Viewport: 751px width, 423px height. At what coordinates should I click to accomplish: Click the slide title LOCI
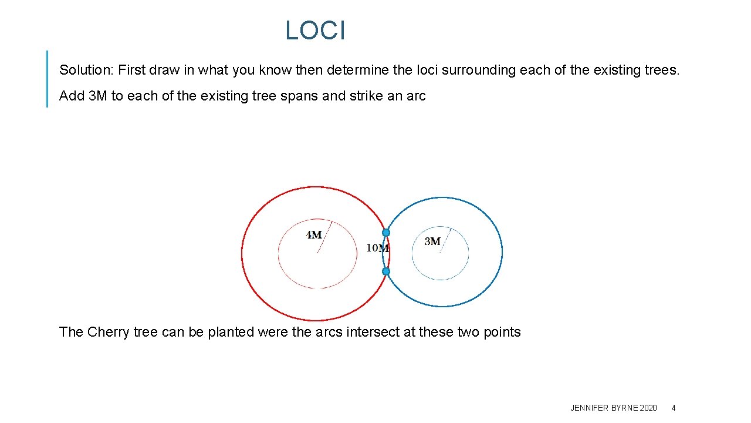click(315, 31)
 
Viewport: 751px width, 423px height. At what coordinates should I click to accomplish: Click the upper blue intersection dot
click(386, 233)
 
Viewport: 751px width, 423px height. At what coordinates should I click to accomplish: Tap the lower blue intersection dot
click(386, 271)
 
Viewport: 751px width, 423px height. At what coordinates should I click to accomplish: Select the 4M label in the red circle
click(314, 235)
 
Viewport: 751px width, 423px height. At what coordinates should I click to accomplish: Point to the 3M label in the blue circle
click(432, 241)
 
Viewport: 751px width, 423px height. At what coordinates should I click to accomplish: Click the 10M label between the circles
click(377, 248)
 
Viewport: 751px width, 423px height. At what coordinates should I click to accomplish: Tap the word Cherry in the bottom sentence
click(109, 333)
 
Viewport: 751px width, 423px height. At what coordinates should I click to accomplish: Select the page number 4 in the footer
click(674, 408)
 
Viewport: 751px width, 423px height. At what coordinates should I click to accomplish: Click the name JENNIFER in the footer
click(589, 408)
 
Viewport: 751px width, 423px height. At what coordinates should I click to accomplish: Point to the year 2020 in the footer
click(648, 408)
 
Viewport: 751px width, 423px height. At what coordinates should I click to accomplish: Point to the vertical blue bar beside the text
click(47, 79)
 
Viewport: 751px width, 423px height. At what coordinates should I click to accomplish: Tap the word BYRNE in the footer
click(624, 408)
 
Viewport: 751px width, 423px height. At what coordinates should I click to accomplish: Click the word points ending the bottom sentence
click(502, 333)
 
